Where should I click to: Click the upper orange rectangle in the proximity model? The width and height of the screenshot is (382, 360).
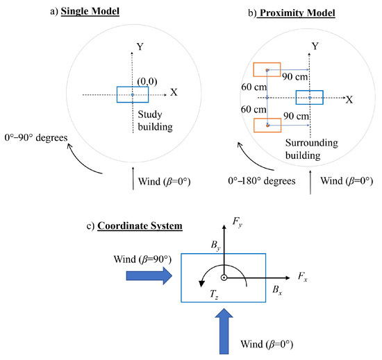267,69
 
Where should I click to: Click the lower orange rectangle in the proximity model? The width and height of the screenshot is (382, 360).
267,125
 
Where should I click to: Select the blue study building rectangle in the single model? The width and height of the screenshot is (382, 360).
133,94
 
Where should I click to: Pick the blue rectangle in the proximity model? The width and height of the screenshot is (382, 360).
309,98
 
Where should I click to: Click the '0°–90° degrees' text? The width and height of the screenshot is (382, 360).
36,137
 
